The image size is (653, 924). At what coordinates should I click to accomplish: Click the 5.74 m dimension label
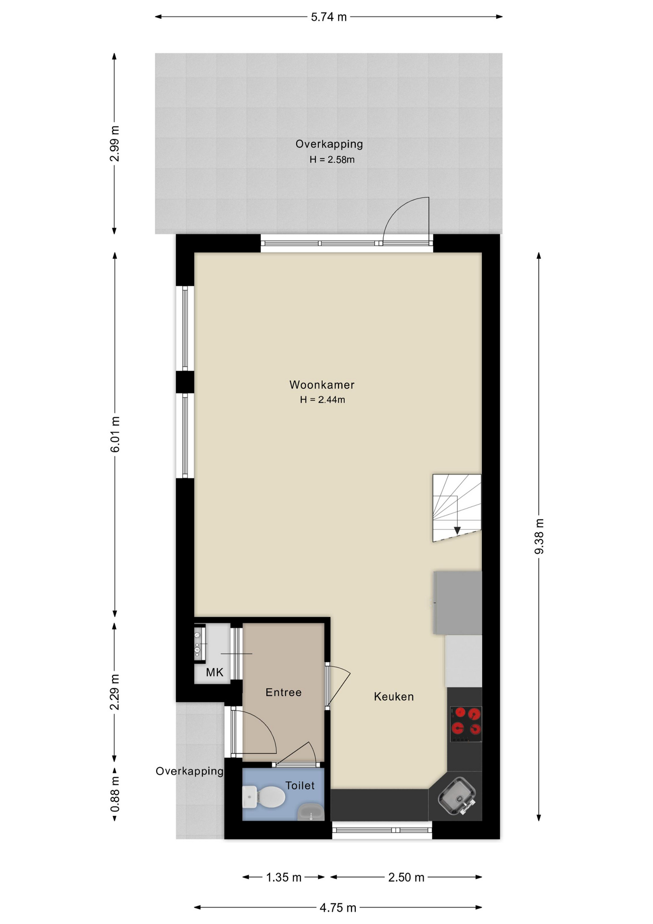(x=329, y=17)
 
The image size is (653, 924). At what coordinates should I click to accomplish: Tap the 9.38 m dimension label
(x=539, y=536)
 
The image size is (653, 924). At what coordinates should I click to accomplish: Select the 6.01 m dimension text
(x=115, y=435)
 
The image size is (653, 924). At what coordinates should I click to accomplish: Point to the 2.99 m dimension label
(x=114, y=143)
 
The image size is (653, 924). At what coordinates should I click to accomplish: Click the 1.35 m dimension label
(x=284, y=877)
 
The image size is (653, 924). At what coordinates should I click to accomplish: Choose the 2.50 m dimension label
(x=406, y=877)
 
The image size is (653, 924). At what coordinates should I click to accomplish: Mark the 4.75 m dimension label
(x=338, y=908)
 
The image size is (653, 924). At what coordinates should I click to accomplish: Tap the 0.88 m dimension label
(x=115, y=794)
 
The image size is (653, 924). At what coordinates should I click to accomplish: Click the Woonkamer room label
(x=322, y=385)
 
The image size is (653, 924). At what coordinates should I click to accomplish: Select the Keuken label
(x=394, y=696)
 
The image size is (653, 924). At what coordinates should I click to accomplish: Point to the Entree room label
(x=284, y=692)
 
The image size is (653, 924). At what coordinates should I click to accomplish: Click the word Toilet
(x=300, y=785)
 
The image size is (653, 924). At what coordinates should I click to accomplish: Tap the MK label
(x=214, y=672)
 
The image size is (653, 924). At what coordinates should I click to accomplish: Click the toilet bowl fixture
(x=264, y=797)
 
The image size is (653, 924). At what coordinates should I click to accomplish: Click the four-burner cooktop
(x=466, y=724)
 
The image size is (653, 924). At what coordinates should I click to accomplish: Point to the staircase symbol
(x=457, y=508)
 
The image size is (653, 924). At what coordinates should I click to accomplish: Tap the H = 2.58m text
(x=332, y=160)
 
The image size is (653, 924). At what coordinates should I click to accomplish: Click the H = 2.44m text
(x=322, y=399)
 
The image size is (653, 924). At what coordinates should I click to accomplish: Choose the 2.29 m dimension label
(x=114, y=692)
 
